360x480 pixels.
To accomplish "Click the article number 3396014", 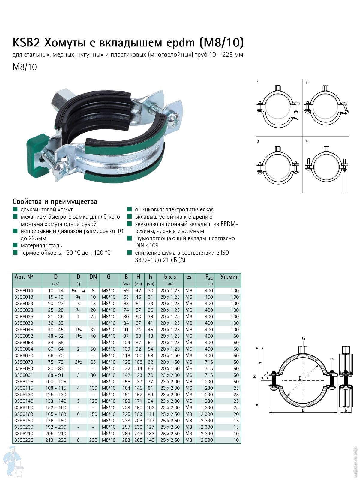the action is [24, 291].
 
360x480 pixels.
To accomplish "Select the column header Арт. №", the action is [24, 277].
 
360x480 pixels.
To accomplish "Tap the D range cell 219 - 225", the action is [56, 440].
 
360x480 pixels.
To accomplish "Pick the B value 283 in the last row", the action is [126, 440].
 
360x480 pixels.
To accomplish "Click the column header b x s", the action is [170, 277].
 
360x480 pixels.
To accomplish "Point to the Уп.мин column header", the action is [229, 277].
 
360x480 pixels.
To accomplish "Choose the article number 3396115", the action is [24, 388].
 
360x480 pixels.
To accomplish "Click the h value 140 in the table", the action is [150, 440].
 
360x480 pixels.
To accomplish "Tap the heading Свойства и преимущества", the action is [55, 202].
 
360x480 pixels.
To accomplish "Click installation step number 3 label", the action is [258, 141].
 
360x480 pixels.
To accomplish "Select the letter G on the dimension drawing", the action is [303, 338].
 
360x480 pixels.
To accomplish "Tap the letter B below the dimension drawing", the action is [303, 410].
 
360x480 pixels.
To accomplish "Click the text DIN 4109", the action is [147, 245].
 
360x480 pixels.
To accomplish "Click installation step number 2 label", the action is [307, 82].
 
